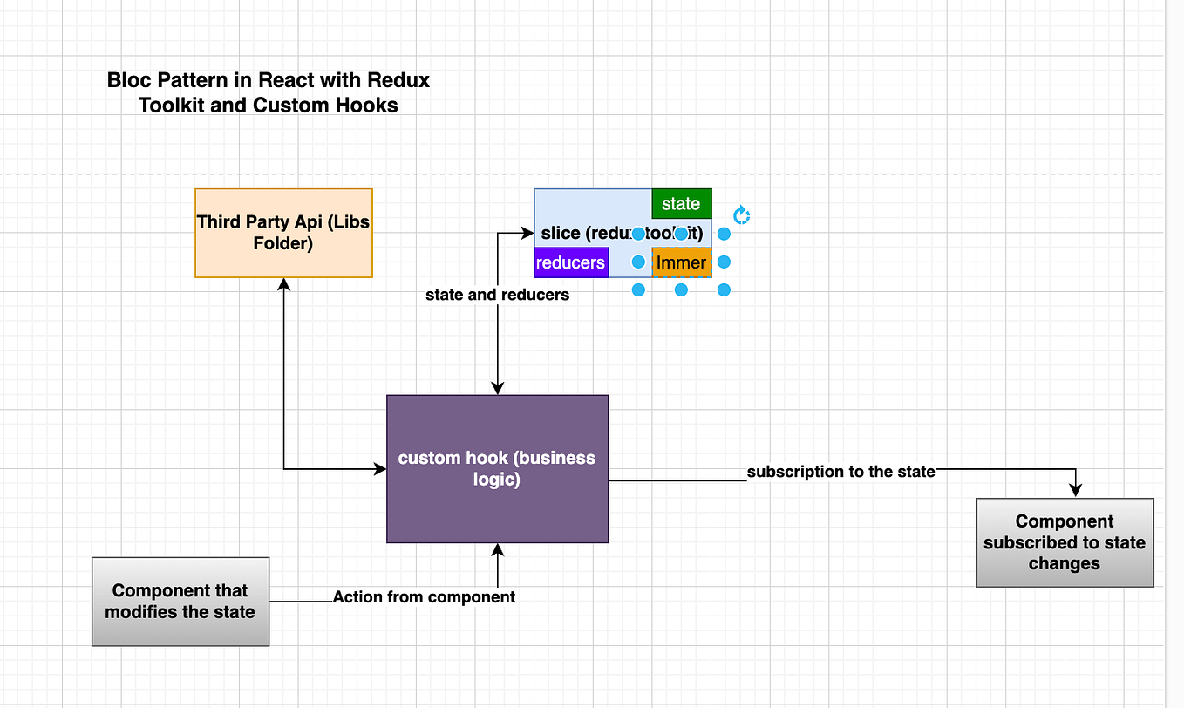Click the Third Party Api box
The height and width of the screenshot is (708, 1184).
(x=283, y=233)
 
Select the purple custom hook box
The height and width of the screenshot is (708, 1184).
(x=497, y=468)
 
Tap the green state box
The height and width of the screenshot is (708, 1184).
(x=681, y=203)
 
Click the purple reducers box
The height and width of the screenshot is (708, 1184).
(x=570, y=262)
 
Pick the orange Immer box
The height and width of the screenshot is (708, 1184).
(x=681, y=262)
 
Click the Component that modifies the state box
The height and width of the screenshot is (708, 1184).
(x=180, y=602)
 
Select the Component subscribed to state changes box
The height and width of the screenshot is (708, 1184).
(x=1065, y=542)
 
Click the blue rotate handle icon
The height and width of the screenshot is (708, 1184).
(x=741, y=215)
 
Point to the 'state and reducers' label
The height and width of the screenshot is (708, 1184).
(x=497, y=295)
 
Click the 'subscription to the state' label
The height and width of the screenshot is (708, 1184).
(x=840, y=472)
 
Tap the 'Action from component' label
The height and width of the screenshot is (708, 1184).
(x=424, y=596)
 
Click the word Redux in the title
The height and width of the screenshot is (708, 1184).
(x=398, y=80)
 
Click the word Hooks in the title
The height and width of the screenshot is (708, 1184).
(x=370, y=106)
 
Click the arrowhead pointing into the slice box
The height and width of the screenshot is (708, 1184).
(x=527, y=233)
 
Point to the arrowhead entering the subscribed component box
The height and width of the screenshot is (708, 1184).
(x=1077, y=491)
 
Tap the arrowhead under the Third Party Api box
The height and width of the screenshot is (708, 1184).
(x=283, y=284)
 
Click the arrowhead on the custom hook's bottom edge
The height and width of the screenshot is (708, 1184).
(x=497, y=549)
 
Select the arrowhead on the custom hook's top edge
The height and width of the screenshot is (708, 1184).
(x=497, y=388)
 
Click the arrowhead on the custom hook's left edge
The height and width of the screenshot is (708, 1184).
(x=380, y=469)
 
